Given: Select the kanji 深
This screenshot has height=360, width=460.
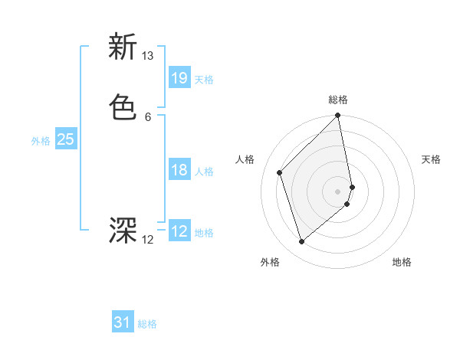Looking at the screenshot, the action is pos(123,230).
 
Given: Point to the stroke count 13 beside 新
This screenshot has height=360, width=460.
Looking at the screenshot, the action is pos(148,56).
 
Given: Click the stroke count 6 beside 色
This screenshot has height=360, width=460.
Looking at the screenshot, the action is pos(147,117).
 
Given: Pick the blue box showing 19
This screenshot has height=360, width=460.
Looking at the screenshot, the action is pos(179,77).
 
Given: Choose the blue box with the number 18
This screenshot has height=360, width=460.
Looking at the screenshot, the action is pos(179,170).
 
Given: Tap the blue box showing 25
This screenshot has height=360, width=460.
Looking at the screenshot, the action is pos(66,139).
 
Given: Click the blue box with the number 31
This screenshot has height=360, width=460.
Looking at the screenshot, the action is pos(123,322).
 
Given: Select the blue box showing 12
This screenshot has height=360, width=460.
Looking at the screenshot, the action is pos(179,231).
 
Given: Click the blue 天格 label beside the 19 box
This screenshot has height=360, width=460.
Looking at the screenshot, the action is pos(204,80).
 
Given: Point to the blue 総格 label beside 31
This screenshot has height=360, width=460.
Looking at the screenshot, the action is pos(147,325).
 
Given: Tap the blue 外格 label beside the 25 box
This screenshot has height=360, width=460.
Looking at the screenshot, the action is pos(41,141).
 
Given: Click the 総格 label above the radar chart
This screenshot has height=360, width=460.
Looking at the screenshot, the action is pos(338,100).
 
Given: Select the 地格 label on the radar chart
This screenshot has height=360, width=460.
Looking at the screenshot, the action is pos(402,263).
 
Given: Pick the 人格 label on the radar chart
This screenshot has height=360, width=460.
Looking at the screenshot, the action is pos(245,159).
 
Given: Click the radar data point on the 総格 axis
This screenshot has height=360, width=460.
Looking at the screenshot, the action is pos(338,116).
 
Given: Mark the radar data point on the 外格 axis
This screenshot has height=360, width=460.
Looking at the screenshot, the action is pos(302,242).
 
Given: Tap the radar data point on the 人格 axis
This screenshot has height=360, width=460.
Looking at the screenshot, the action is pos(280,172).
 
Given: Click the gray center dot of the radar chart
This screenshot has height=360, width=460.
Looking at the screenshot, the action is pos(338,191).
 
